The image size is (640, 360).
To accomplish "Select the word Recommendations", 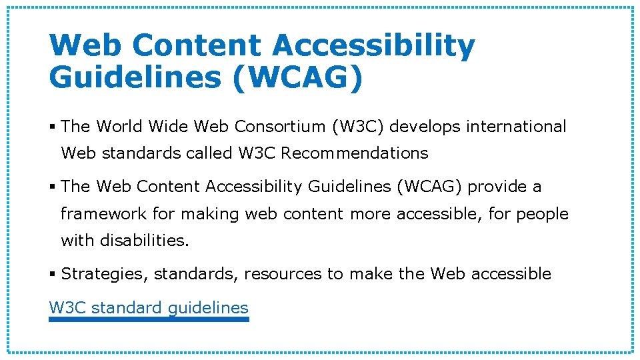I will (x=354, y=153).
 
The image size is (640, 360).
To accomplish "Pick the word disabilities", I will (x=145, y=241).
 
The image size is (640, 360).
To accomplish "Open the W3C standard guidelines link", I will (x=149, y=308).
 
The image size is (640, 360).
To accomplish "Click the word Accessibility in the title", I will (x=373, y=45).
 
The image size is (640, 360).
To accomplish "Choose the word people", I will (x=542, y=214).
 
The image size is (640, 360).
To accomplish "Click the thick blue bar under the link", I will (x=149, y=319).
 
